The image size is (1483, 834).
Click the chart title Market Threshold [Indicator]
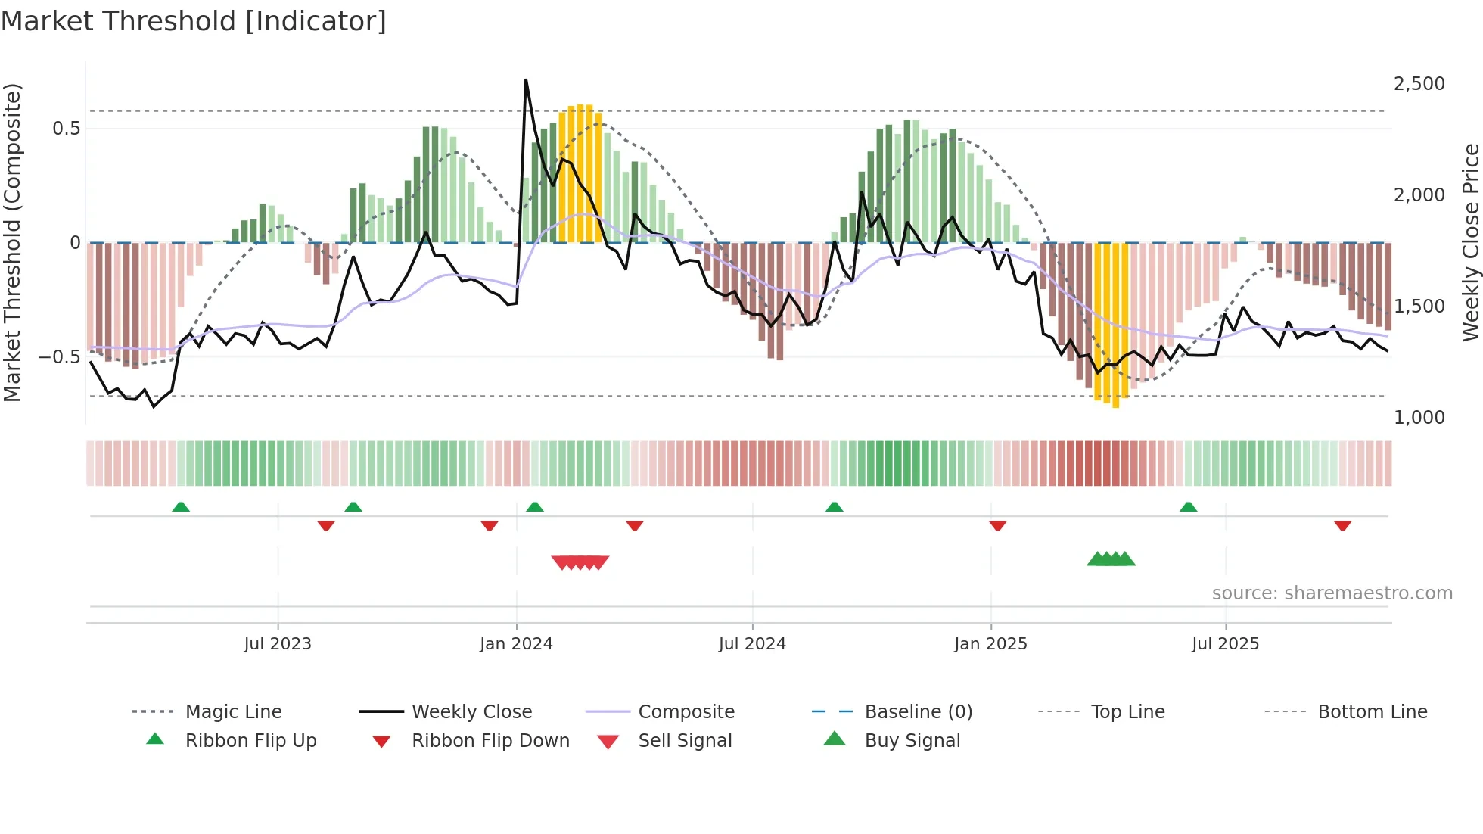click(194, 21)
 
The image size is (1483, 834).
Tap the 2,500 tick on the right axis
click(1419, 84)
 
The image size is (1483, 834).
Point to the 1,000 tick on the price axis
click(1419, 418)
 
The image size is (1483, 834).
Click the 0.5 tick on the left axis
click(66, 129)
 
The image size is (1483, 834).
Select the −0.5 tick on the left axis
click(60, 357)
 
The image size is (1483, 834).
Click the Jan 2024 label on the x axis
click(516, 644)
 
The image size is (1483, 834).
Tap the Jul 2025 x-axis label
click(1225, 644)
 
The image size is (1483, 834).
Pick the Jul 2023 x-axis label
click(278, 644)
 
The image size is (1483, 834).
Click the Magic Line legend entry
click(233, 712)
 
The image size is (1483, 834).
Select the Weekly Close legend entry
click(471, 712)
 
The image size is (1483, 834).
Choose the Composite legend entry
click(686, 712)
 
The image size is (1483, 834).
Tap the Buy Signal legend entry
click(912, 741)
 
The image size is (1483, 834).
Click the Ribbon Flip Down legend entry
click(490, 741)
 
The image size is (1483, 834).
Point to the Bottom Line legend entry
click(1372, 712)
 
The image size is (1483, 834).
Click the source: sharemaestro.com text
click(1332, 593)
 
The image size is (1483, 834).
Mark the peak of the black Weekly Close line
click(526, 79)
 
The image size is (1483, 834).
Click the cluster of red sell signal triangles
click(580, 562)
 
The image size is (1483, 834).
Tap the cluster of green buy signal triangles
click(1111, 559)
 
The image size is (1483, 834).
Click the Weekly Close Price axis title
click(1470, 242)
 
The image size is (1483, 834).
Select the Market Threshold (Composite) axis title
click(12, 242)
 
